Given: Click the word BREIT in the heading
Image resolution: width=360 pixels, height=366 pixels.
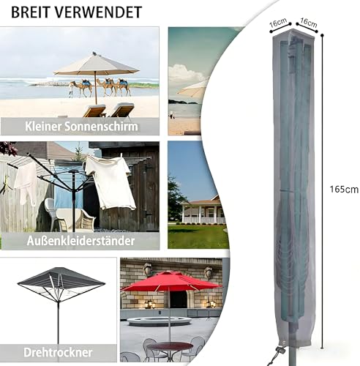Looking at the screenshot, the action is (x=31, y=12).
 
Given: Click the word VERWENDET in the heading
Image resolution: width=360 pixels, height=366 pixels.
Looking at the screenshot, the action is (x=98, y=12).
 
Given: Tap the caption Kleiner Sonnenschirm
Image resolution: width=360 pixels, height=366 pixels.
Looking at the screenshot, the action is (x=81, y=127).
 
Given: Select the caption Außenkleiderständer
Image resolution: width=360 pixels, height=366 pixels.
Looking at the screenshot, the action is (x=80, y=241).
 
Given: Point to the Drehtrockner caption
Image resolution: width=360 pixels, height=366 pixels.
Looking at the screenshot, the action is (x=58, y=352).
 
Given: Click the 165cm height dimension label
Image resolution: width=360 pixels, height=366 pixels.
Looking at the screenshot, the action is (x=344, y=190).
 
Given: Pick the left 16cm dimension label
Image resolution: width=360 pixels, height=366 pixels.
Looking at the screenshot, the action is (x=278, y=23).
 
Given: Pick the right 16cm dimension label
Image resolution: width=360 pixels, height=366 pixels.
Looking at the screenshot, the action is (x=309, y=23).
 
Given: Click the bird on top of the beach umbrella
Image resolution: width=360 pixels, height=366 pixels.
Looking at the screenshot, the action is (x=94, y=53).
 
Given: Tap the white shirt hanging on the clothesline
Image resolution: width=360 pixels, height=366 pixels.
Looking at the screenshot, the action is (x=110, y=182).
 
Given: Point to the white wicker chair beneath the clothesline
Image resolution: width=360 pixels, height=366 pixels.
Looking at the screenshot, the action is (x=53, y=214).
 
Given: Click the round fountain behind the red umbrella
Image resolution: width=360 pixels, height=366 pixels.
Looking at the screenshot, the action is (x=160, y=321).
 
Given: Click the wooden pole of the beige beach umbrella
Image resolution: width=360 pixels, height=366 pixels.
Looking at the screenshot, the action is (x=96, y=88).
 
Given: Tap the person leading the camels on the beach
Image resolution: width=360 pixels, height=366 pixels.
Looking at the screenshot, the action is (x=71, y=90).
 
